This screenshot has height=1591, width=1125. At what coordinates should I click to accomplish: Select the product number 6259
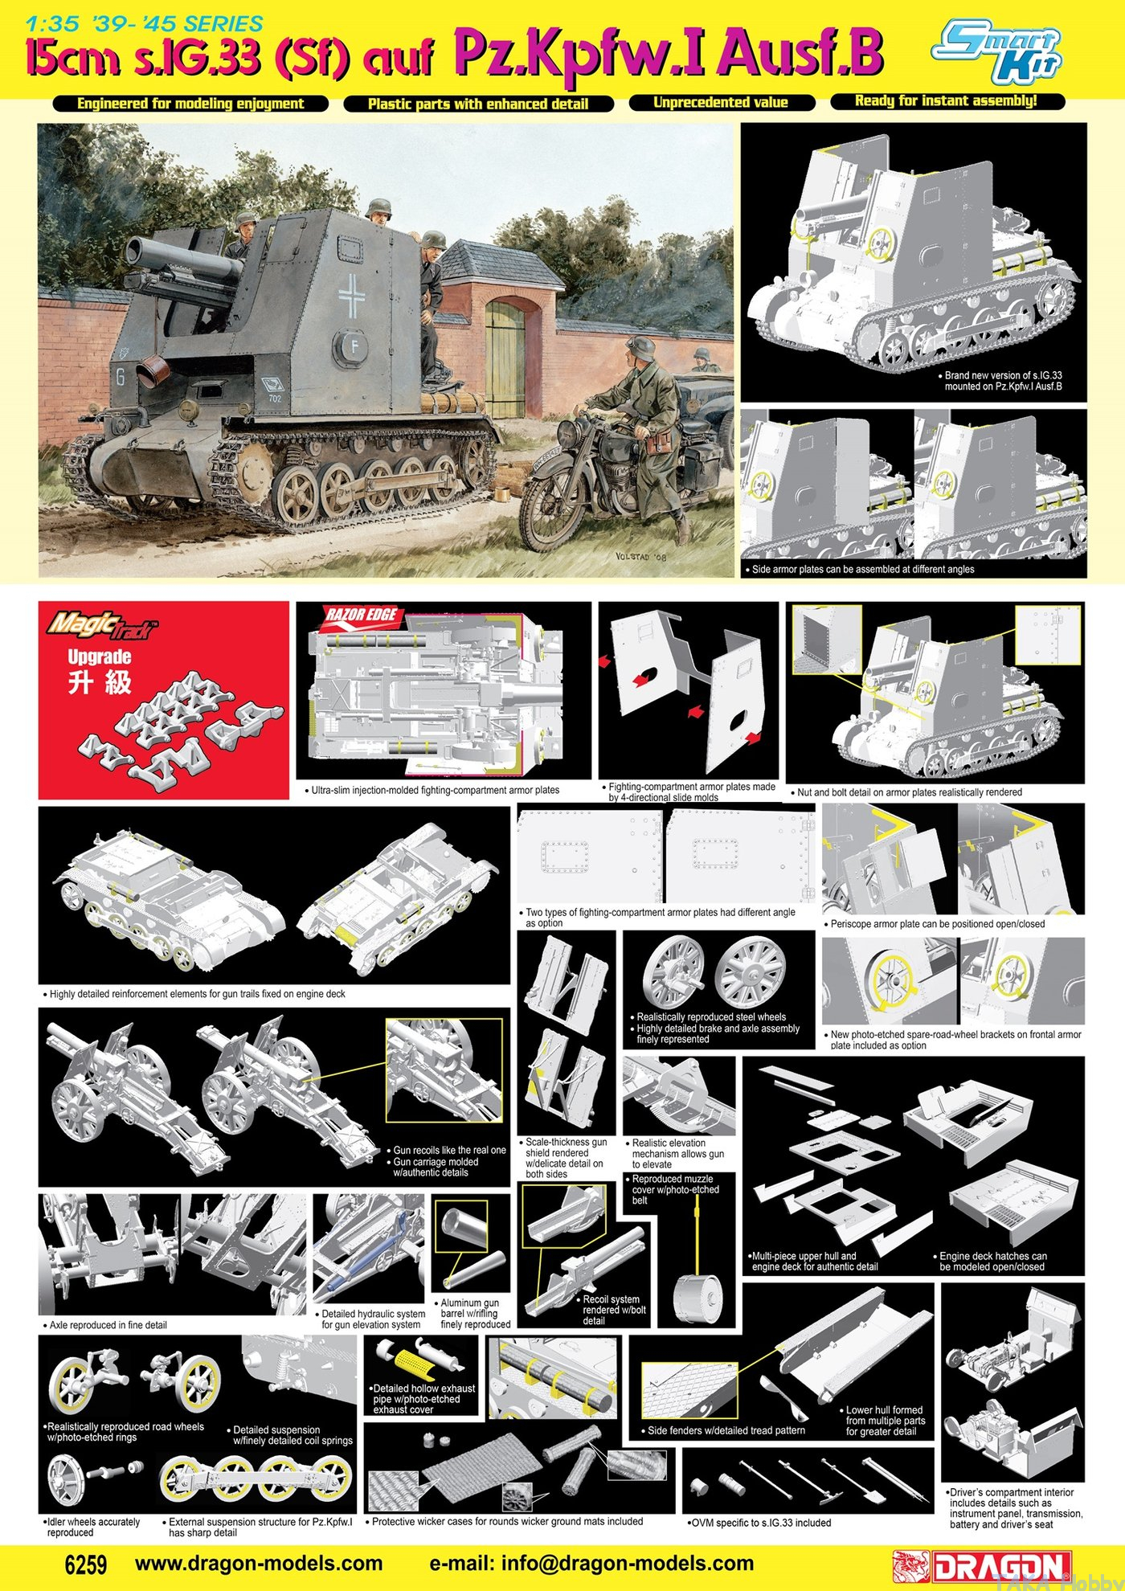pyautogui.click(x=84, y=1564)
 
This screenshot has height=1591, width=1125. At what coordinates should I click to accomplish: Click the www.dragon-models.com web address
pyautogui.click(x=259, y=1564)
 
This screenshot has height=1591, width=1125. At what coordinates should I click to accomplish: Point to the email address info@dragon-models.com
pyautogui.click(x=591, y=1564)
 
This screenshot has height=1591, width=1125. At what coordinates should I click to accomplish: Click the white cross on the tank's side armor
pyautogui.click(x=351, y=295)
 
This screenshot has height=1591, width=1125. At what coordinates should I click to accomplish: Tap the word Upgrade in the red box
pyautogui.click(x=100, y=656)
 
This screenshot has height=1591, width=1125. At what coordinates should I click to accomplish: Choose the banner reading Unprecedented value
pyautogui.click(x=721, y=103)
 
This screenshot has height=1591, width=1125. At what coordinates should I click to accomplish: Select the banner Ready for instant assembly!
pyautogui.click(x=947, y=101)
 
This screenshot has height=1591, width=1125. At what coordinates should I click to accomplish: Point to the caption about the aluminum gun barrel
pyautogui.click(x=475, y=1313)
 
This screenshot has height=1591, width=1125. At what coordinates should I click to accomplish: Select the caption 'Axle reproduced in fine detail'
pyautogui.click(x=105, y=1325)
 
